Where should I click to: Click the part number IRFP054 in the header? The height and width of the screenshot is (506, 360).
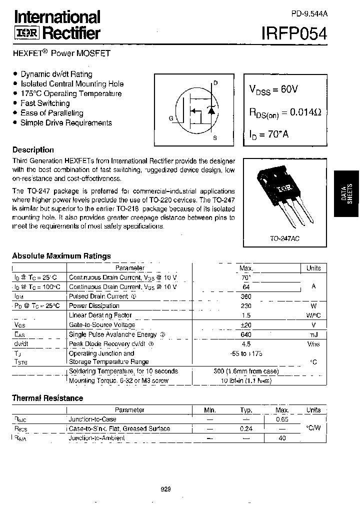294,33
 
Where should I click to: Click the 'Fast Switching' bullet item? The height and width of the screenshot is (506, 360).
45,103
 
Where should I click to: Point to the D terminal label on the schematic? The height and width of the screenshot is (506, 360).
215,83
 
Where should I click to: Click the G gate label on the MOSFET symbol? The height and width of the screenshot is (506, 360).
171,118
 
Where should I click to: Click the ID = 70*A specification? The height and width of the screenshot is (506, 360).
268,134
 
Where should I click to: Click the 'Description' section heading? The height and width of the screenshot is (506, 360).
33,150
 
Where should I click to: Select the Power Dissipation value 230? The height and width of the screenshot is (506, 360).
246,306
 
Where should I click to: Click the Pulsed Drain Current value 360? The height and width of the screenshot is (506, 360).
246,296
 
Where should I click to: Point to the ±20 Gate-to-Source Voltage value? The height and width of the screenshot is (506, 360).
246,325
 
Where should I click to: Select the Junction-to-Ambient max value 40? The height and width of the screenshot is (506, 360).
282,438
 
